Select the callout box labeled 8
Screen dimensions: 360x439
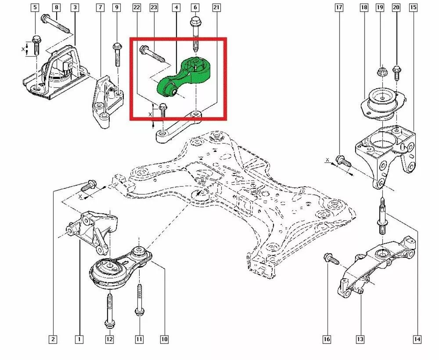pyautogui.click(x=56, y=8)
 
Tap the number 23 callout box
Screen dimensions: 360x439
pyautogui.click(x=154, y=8)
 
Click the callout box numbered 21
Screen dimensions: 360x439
pyautogui.click(x=216, y=8)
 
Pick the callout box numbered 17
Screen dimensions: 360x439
pyautogui.click(x=338, y=8)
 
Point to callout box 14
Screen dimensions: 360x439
pyautogui.click(x=417, y=339)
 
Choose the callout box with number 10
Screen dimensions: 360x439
pyautogui.click(x=164, y=339)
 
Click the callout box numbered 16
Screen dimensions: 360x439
pyautogui.click(x=327, y=339)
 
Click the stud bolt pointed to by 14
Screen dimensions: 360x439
pyautogui.click(x=382, y=216)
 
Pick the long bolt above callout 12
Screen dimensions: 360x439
pyautogui.click(x=109, y=310)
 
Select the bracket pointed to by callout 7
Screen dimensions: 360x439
pyautogui.click(x=105, y=102)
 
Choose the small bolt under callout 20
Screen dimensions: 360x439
pyautogui.click(x=396, y=72)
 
